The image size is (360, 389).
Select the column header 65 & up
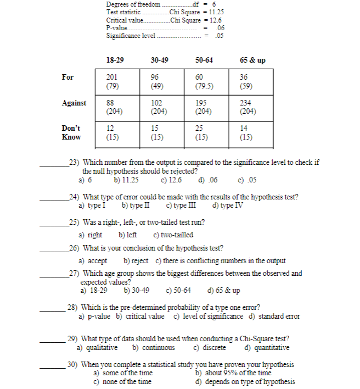tap(252, 60)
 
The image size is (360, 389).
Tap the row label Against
tap(74, 103)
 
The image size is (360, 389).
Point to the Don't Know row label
tap(71, 132)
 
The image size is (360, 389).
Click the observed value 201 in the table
tap(111, 77)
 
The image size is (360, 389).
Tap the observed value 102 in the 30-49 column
tap(156, 103)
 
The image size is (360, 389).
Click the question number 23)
tap(74, 163)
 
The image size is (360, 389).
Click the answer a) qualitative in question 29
tap(97, 347)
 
